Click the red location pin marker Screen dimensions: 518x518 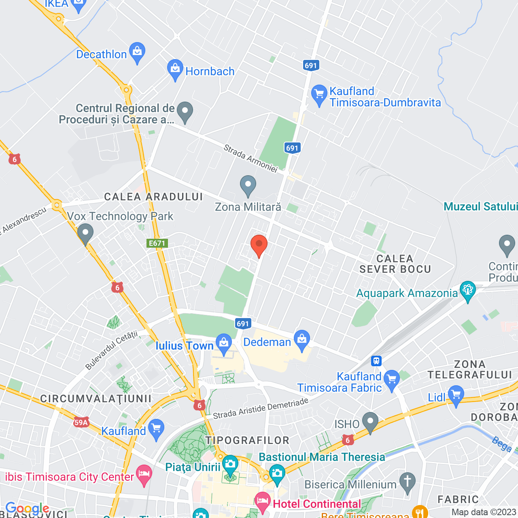(x=259, y=244)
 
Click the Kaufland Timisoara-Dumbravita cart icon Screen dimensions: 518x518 (x=319, y=94)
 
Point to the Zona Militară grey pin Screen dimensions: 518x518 (x=248, y=185)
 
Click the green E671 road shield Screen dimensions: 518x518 (x=157, y=243)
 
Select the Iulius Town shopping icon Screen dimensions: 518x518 (x=223, y=343)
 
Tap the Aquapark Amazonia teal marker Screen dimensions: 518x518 (x=468, y=291)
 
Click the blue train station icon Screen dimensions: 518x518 (x=376, y=361)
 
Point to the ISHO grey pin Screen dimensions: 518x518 (x=370, y=422)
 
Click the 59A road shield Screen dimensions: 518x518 (x=81, y=422)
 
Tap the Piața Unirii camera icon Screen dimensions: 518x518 (x=230, y=465)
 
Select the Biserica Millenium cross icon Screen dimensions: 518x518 (x=407, y=482)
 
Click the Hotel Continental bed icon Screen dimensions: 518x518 (x=263, y=501)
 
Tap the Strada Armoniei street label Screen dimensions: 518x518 (x=251, y=159)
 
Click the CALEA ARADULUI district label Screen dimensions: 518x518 (x=153, y=197)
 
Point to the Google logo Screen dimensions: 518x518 (x=27, y=508)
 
